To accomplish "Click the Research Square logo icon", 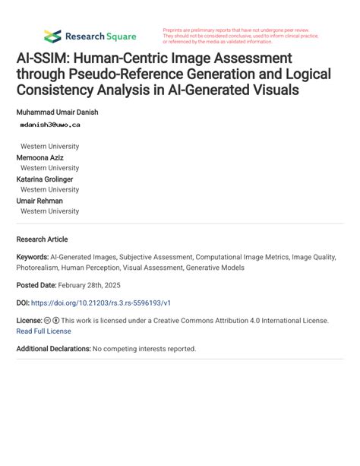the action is [x=52, y=36].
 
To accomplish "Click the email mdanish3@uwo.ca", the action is [x=50, y=124].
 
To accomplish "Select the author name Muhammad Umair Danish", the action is [x=57, y=112].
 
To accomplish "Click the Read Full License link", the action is [x=43, y=331].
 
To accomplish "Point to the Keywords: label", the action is [x=33, y=258].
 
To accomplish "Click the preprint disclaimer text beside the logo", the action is [x=241, y=36].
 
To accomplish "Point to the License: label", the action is [x=29, y=321].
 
